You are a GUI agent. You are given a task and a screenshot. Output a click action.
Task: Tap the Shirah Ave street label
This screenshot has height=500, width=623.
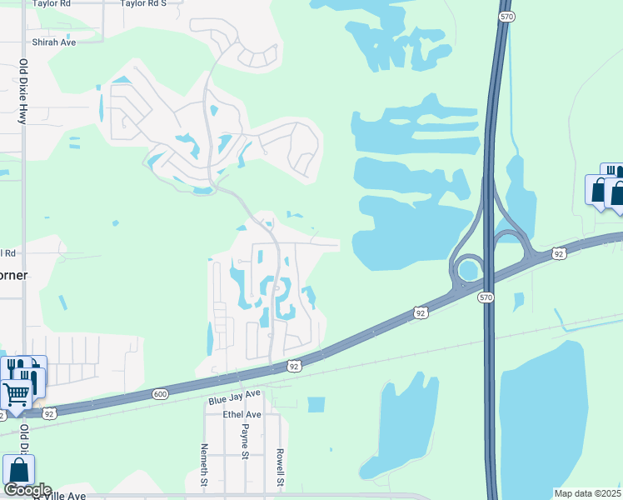pos(53,41)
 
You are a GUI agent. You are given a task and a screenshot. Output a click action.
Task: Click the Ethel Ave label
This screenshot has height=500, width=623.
pos(242,414)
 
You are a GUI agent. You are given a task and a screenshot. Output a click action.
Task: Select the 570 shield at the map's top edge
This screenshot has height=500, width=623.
pos(506,16)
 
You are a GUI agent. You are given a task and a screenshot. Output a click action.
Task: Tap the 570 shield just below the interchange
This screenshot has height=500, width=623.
pos(486,297)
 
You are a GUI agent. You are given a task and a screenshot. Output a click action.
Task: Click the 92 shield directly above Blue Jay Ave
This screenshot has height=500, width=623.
pos(294,365)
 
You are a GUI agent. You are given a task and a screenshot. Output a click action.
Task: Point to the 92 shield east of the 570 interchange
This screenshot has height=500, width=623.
pos(558,252)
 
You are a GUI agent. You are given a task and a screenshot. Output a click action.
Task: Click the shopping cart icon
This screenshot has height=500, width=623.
pos(16,393)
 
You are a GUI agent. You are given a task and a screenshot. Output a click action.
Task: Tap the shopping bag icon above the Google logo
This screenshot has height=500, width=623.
pos(18,472)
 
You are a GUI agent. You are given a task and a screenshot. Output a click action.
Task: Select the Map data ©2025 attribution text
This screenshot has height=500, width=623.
pos(587,493)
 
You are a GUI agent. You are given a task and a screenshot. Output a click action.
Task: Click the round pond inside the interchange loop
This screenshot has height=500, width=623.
pos(469,270)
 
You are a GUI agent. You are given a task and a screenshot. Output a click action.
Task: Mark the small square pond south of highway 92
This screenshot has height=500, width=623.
pos(316,404)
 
